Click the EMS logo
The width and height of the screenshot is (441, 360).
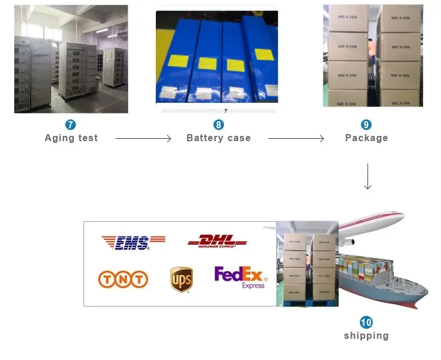coord(133,242)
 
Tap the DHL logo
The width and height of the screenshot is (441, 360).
coord(217,241)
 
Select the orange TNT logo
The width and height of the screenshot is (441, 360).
coord(123,279)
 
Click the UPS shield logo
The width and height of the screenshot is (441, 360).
coord(182,279)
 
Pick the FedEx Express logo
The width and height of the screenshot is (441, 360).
coord(240,277)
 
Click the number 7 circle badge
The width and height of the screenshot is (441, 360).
coord(71,125)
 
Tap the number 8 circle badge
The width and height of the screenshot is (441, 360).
coord(218,125)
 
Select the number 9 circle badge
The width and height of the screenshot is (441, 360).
coord(366,125)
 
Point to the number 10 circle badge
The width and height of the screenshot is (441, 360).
coord(366,322)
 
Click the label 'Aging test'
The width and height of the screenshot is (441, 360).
coord(71,138)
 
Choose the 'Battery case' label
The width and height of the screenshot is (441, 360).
coord(218,138)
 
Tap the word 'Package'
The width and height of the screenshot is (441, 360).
coord(366,138)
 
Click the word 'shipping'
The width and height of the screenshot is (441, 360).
coord(366,336)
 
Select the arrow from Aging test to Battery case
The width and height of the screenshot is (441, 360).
coord(143,138)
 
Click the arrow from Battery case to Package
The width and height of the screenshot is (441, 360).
coord(296,138)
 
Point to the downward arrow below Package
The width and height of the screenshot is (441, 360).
coord(367,176)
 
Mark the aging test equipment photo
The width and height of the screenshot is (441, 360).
coord(71,59)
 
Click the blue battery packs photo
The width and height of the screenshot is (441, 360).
coord(216,59)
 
